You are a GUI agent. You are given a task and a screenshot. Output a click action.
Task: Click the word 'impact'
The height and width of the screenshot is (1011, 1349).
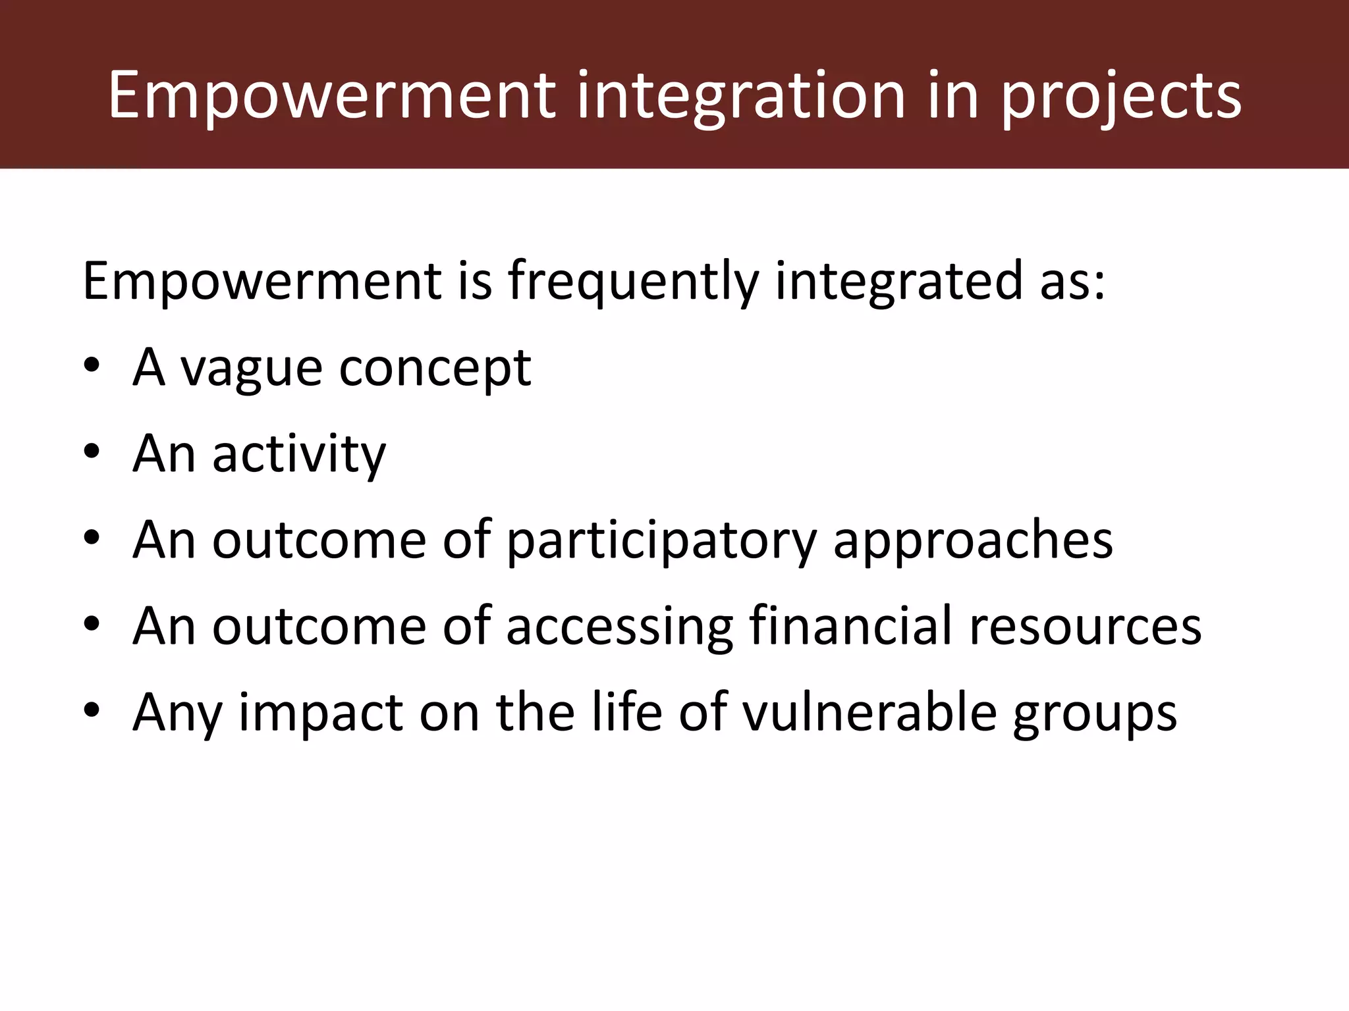(321, 713)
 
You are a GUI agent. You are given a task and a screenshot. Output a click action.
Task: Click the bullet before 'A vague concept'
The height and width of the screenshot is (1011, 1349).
(92, 365)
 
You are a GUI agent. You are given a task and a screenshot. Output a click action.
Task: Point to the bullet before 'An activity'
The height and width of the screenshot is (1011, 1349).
(92, 452)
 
